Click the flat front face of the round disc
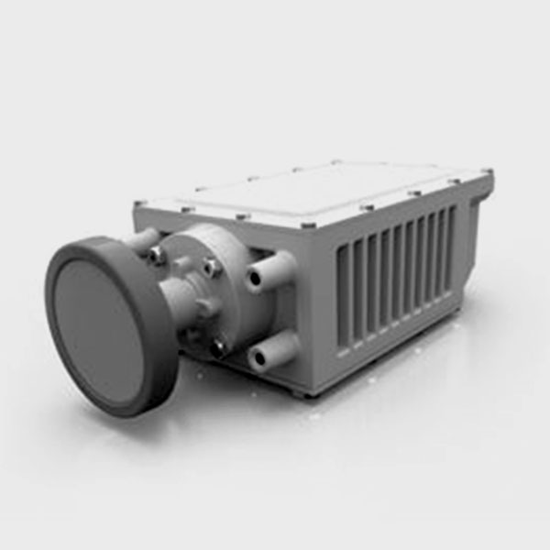[x=101, y=324]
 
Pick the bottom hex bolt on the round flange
[x=217, y=347]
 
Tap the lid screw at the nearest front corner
[x=309, y=224]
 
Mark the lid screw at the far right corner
[x=486, y=171]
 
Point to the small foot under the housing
[x=302, y=392]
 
